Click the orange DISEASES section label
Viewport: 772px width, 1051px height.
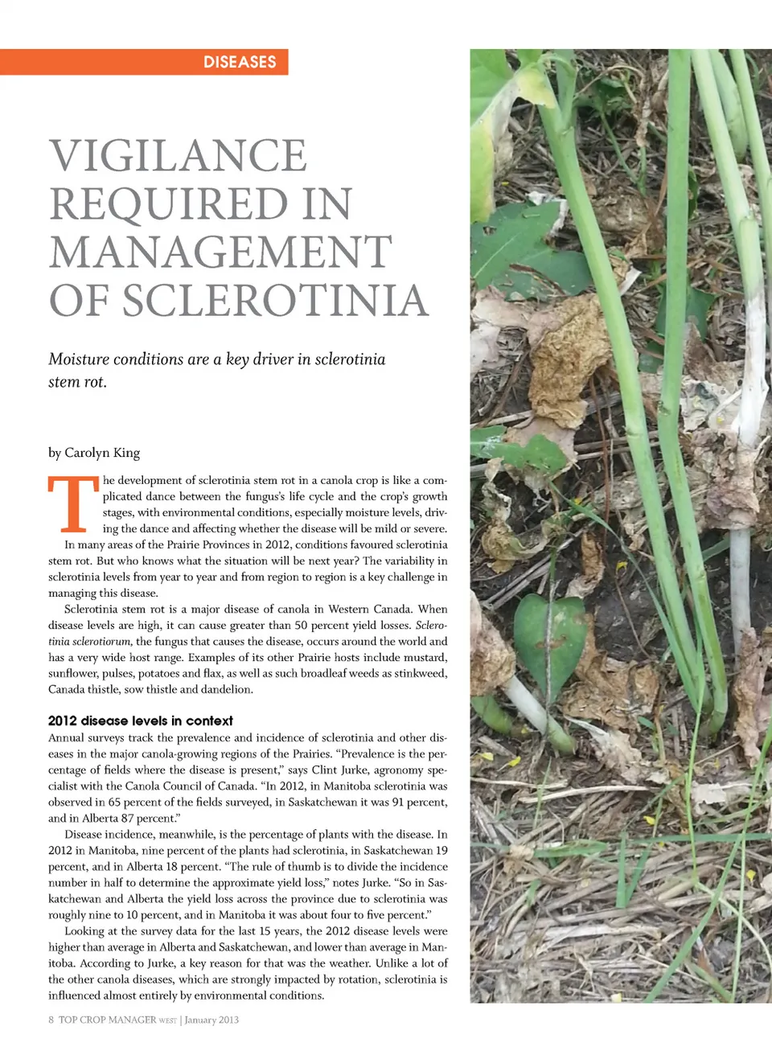pos(240,62)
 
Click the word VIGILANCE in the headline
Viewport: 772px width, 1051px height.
pos(178,155)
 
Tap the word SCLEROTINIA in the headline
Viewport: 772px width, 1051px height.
pos(275,300)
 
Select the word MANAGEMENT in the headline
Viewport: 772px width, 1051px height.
pos(220,252)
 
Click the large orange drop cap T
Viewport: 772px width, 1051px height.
pos(72,504)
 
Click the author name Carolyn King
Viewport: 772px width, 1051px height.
pos(102,453)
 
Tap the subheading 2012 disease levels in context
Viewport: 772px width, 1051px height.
pos(140,721)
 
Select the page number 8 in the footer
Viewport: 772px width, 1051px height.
pos(51,1020)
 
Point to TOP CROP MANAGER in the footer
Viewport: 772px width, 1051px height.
pos(107,1020)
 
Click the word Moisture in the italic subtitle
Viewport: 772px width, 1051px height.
pos(78,359)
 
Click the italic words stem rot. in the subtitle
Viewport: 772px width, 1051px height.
pos(77,382)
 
